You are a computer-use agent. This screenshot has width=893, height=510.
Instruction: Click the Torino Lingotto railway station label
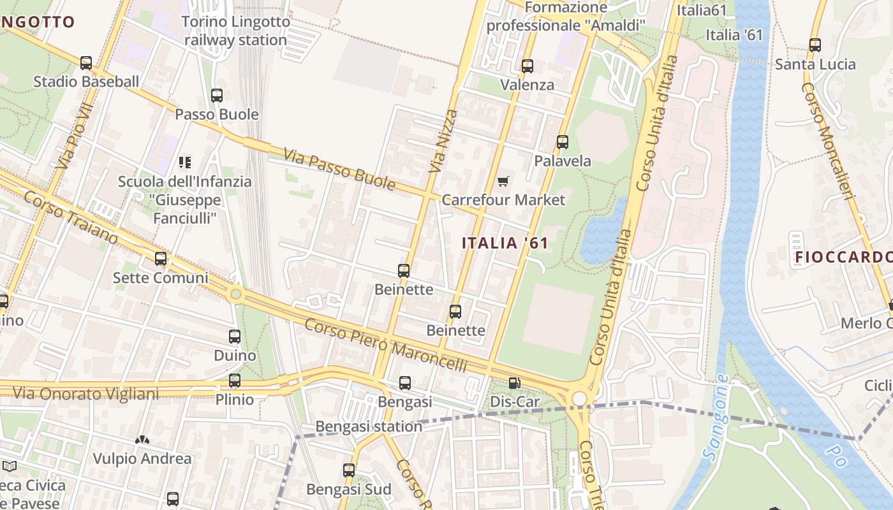coord(235,31)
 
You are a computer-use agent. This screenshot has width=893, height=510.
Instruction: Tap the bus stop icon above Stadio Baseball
coord(86,63)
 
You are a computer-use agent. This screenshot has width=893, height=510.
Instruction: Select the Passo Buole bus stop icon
coord(217,96)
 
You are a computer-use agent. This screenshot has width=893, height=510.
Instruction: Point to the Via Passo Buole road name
coord(339,170)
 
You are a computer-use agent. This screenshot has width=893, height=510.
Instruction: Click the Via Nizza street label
coord(444,142)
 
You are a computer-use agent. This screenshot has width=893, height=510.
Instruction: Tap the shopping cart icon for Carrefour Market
coord(503,182)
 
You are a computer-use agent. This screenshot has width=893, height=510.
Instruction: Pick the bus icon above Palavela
coord(563,142)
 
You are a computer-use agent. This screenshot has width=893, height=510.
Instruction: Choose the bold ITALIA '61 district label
coord(505,243)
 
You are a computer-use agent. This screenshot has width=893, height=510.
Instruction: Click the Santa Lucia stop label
coord(815,64)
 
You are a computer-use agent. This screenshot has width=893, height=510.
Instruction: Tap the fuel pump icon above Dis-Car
coord(514,383)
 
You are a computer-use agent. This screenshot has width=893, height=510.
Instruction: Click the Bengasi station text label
coord(369,426)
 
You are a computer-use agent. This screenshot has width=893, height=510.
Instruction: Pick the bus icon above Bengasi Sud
coord(348,470)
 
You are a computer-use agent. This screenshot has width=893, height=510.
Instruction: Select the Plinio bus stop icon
coord(235,381)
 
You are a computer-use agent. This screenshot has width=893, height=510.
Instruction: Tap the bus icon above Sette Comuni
coord(161,259)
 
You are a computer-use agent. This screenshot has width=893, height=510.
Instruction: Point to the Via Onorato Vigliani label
coord(85,394)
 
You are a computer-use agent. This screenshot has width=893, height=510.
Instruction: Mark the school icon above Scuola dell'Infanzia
coord(185,163)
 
